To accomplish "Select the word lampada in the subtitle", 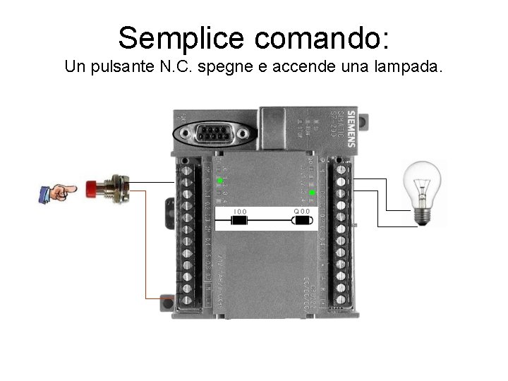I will tap(411, 68).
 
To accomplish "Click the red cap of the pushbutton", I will tap(92, 188).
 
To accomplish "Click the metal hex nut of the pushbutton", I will tap(120, 189).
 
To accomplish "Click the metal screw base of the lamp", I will tap(422, 213).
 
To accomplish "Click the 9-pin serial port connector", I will tap(212, 133).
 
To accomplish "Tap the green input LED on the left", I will tap(219, 181).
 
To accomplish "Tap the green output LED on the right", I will tap(312, 193).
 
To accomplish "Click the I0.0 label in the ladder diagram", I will tap(240, 212).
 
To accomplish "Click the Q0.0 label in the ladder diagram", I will tap(302, 212).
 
